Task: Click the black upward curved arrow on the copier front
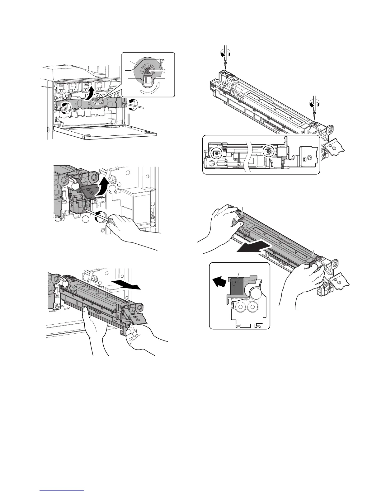[x=90, y=93]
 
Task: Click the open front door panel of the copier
[x=106, y=131]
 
